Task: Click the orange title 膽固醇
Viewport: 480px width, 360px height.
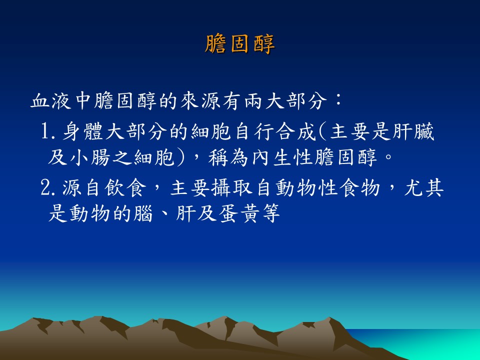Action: pyautogui.click(x=239, y=44)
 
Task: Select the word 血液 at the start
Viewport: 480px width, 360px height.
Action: pyautogui.click(x=51, y=100)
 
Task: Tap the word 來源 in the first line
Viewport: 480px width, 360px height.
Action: pyautogui.click(x=200, y=100)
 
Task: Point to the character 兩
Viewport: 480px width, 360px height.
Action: pyautogui.click(x=253, y=100)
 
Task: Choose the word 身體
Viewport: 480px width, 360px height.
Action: pyautogui.click(x=82, y=132)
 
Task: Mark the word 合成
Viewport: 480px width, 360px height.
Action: pyautogui.click(x=295, y=132)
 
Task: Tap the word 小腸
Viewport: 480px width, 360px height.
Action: pyautogui.click(x=90, y=157)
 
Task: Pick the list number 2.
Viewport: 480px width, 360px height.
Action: pyautogui.click(x=45, y=188)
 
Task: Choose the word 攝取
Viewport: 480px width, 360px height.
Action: pyautogui.click(x=232, y=188)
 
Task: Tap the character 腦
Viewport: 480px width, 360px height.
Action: pyautogui.click(x=143, y=213)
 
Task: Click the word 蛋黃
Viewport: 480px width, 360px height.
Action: pyautogui.click(x=239, y=213)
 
